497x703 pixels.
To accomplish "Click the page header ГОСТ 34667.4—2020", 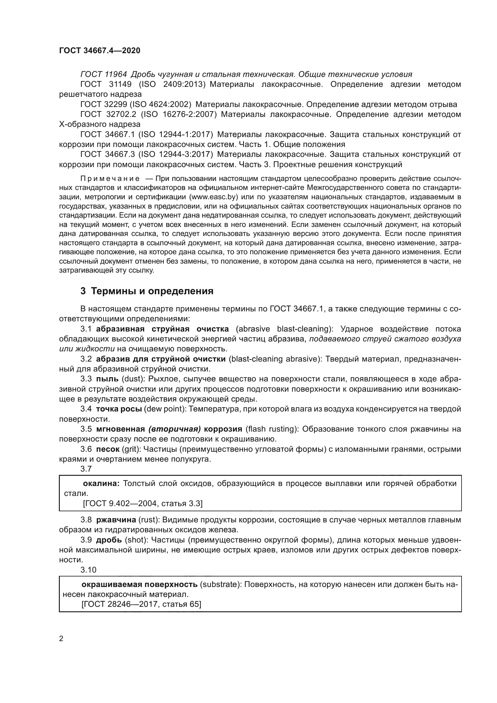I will [x=99, y=50].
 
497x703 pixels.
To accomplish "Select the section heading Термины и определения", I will [x=152, y=291].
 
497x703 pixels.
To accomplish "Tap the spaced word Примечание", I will [x=110, y=179].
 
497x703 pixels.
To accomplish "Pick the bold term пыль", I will [x=107, y=379].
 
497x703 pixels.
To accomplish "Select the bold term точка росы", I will [x=119, y=409].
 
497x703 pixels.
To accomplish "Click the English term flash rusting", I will [x=271, y=429].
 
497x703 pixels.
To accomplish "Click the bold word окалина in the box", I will [x=101, y=484].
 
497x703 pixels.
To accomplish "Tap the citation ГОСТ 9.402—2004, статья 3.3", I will [x=143, y=503].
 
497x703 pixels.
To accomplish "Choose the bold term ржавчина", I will [x=116, y=520].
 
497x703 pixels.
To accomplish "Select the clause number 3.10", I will [x=88, y=570].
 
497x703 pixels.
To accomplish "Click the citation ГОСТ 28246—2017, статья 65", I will [x=142, y=604].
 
